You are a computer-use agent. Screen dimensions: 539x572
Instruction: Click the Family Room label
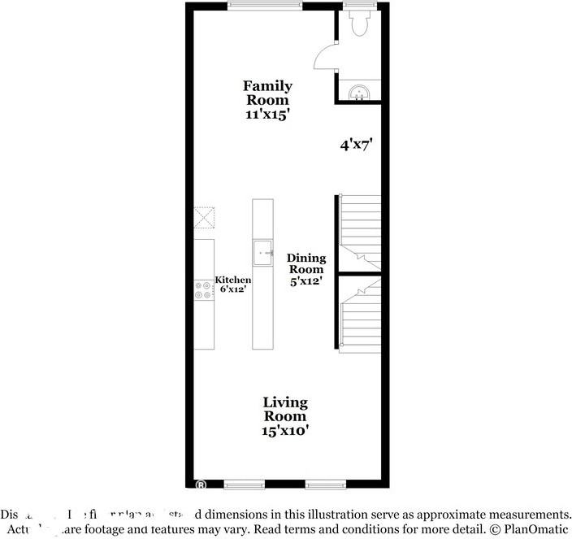point(267,93)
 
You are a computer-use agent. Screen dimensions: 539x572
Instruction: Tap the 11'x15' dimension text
point(267,115)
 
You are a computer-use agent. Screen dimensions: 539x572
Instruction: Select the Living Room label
point(284,409)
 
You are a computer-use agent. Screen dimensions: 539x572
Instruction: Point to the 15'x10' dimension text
point(284,431)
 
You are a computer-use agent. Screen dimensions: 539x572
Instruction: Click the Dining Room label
point(305,263)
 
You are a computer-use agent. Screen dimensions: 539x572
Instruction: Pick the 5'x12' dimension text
point(305,281)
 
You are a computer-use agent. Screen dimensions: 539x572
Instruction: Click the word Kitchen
point(232,280)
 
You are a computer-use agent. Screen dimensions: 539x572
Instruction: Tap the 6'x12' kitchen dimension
point(233,289)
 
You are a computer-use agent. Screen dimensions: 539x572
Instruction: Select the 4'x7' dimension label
point(356,146)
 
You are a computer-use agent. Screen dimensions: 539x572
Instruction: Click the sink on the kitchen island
point(262,252)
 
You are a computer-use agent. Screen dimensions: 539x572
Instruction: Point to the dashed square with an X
point(204,217)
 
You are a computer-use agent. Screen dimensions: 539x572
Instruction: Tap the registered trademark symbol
point(200,485)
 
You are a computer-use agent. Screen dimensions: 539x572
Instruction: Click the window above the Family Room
point(265,6)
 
